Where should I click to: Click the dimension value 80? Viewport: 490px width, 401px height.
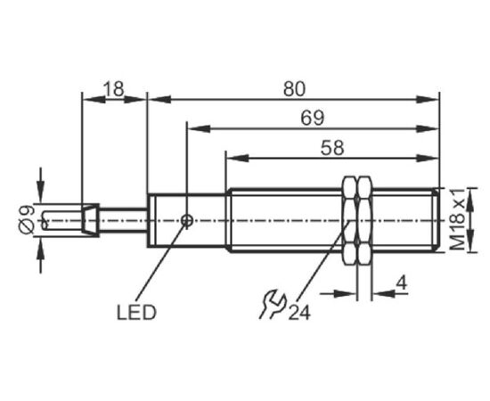pos(294,89)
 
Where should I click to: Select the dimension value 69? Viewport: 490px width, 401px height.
pos(312,119)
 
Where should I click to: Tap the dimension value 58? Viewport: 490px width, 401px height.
pos(332,148)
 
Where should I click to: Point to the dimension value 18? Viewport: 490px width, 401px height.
pos(114,89)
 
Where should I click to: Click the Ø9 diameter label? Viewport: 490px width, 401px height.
pos(27,219)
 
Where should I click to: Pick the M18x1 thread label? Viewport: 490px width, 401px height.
pos(458,220)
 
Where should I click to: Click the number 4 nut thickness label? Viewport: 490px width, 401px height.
pos(402,283)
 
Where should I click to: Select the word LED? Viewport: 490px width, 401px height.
pos(136,312)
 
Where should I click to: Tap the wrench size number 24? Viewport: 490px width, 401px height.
pos(299,312)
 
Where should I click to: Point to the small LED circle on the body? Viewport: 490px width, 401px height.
pos(187,221)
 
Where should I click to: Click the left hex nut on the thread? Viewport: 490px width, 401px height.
pos(350,221)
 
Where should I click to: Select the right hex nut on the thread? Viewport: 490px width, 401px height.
pos(364,221)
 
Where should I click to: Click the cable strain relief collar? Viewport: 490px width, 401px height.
pos(91,220)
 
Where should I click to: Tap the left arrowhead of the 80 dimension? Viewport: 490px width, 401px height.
pos(159,100)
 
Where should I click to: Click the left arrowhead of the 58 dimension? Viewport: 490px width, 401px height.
pos(237,158)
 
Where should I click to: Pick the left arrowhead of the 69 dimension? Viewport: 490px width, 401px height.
pos(199,128)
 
